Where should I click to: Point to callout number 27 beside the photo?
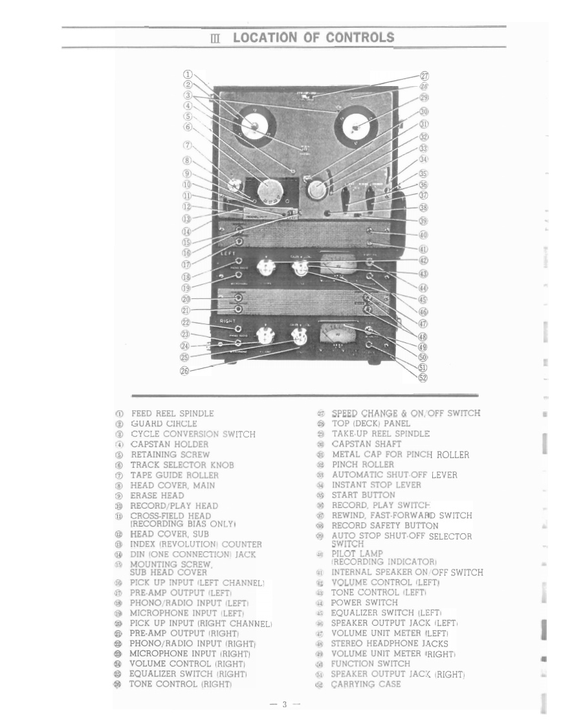click(x=425, y=75)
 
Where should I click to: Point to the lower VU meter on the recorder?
click(x=338, y=335)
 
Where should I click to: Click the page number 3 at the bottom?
click(x=283, y=705)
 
